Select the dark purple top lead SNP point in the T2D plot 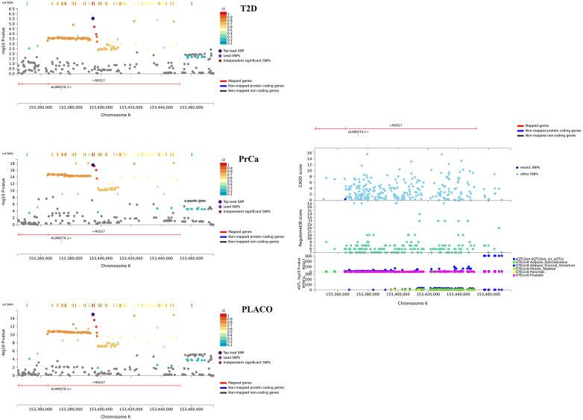[x=92, y=19]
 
